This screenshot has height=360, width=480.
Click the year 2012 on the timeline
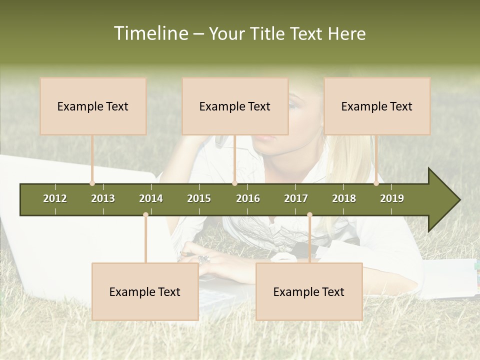tap(55, 198)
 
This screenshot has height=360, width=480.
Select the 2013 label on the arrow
tap(103, 198)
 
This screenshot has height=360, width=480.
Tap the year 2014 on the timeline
tap(151, 198)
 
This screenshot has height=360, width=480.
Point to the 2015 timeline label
tap(199, 198)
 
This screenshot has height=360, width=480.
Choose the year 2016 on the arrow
tap(248, 198)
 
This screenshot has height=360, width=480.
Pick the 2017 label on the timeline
tap(296, 198)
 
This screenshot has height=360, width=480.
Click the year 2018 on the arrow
tap(344, 198)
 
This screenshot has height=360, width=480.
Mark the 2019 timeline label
tap(392, 198)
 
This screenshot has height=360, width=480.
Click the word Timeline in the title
tap(150, 33)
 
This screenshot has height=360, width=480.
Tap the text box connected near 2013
tap(93, 106)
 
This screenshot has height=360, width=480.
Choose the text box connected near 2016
tap(235, 106)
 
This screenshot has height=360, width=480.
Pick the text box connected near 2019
tap(377, 106)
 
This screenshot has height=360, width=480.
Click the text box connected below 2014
tap(145, 291)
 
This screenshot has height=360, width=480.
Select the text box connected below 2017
tap(309, 291)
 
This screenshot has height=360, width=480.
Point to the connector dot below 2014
tap(145, 214)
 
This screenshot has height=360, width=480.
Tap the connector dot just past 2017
tap(309, 214)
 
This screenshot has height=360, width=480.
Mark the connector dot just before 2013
tap(92, 183)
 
